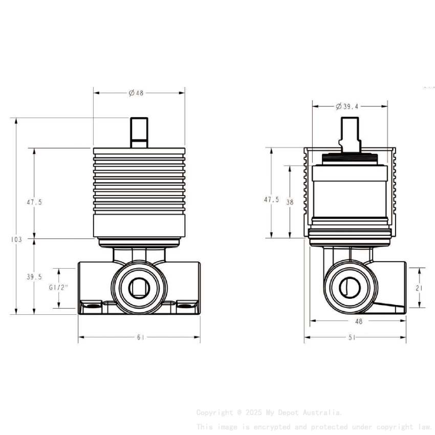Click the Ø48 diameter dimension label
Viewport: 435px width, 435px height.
tap(136, 93)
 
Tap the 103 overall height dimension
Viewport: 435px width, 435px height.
tap(16, 239)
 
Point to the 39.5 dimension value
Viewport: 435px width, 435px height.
tap(34, 277)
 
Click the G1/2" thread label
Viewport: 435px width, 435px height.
tap(59, 288)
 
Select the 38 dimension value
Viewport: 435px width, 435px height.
tap(290, 202)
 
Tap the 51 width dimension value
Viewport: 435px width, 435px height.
tap(352, 337)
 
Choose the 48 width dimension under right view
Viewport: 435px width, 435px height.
tap(358, 321)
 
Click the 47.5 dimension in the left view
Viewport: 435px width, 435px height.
tap(34, 202)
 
